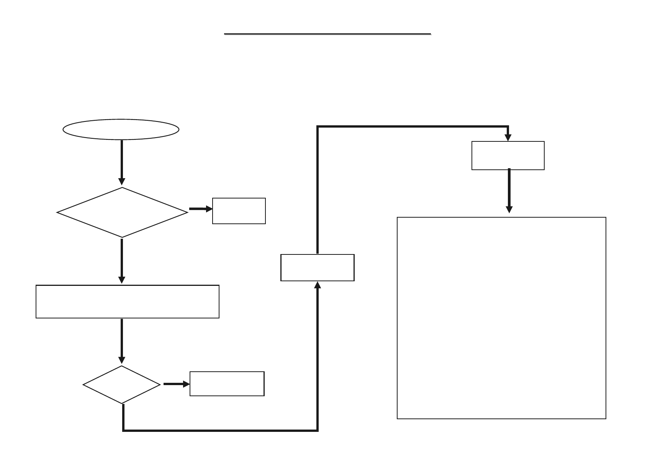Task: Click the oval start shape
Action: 121,130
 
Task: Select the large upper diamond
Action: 122,212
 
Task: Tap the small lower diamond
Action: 122,384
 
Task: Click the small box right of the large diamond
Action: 239,211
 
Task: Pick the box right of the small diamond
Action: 227,384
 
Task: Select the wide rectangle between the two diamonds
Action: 127,302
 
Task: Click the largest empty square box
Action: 501,318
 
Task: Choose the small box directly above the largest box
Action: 508,156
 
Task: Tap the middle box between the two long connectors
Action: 317,267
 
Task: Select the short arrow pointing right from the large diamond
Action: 200,209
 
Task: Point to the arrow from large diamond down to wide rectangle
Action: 122,261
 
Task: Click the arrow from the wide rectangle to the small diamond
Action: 122,341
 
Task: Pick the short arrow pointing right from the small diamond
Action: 176,384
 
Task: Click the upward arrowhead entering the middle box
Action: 318,285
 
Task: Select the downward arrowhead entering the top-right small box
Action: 508,138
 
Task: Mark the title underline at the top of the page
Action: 327,34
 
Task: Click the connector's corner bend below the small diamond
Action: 123,430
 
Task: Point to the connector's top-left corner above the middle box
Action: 318,126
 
